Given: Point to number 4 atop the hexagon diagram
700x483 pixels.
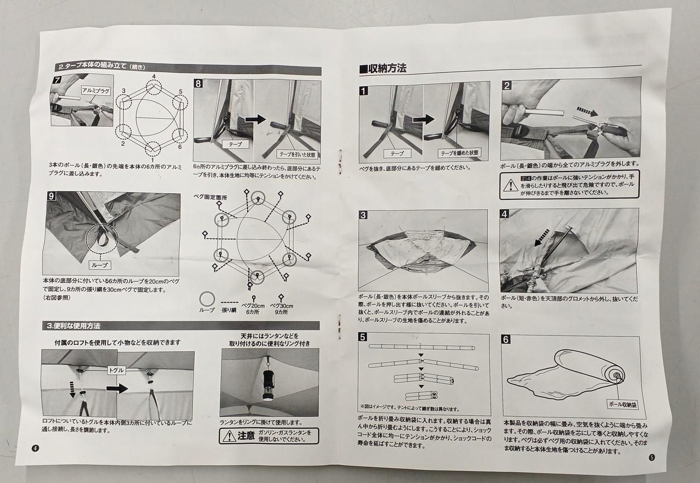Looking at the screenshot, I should (x=154, y=76).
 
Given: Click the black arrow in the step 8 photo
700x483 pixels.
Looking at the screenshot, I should (x=255, y=119).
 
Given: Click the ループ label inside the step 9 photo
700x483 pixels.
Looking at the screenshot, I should (x=100, y=264).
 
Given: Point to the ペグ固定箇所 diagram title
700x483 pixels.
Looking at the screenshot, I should (x=210, y=196).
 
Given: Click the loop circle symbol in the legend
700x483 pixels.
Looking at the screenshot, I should (x=207, y=298).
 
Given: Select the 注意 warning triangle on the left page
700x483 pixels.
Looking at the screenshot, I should (x=227, y=436).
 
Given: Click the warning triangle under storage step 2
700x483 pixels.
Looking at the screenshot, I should (x=511, y=184).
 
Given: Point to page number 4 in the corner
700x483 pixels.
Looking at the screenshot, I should (x=35, y=449).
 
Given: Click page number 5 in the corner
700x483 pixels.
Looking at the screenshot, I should (x=651, y=458).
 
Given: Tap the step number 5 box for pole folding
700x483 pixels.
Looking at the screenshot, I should (x=363, y=338).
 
